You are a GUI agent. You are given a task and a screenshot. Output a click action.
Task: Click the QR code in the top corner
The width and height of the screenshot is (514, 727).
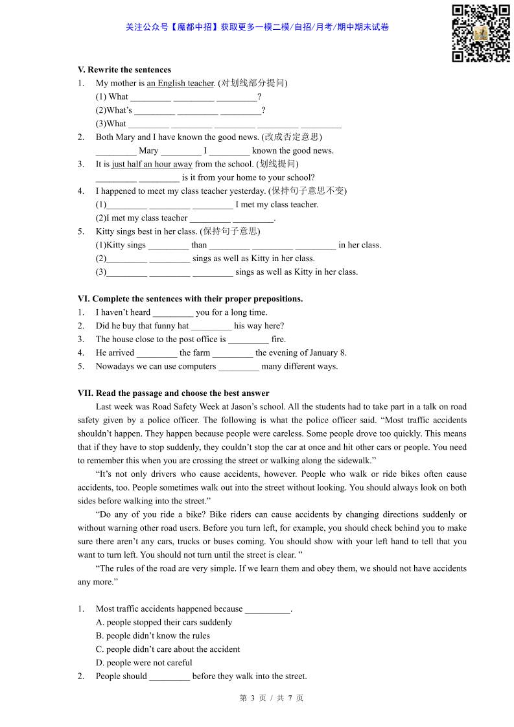tap(480, 33)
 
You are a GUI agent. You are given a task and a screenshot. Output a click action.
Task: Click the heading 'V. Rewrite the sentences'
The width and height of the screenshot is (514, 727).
tap(124, 69)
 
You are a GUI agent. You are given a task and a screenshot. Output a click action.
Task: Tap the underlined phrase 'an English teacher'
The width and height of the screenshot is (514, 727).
tap(180, 83)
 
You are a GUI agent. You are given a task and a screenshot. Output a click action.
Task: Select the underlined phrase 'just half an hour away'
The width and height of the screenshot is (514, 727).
tap(152, 164)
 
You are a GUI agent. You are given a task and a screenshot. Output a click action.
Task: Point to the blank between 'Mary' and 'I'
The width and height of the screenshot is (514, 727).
tap(181, 151)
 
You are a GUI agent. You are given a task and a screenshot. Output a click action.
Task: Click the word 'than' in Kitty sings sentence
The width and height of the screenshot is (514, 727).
tap(199, 245)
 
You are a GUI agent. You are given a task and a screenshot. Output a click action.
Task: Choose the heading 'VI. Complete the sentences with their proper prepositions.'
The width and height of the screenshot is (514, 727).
tap(190, 299)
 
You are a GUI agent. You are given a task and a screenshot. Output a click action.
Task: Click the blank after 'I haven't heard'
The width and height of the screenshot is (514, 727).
tap(173, 313)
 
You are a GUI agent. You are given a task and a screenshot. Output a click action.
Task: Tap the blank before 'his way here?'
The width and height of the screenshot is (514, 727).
tap(211, 327)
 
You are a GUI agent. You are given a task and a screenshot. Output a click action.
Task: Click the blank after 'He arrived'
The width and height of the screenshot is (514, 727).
tap(157, 353)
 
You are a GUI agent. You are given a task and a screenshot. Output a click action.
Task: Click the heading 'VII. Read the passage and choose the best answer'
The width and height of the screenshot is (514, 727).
tap(173, 393)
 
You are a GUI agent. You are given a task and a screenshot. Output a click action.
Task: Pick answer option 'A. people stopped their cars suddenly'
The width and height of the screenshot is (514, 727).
tap(163, 622)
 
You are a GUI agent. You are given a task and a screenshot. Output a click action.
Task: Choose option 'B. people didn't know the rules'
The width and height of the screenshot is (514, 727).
tap(153, 636)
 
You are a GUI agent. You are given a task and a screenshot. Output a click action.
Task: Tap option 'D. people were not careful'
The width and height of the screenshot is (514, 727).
tap(144, 663)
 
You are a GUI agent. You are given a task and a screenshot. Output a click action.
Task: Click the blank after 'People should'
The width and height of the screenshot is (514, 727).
tap(169, 677)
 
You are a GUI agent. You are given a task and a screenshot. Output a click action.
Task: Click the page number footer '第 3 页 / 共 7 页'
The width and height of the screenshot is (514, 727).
tap(272, 698)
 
